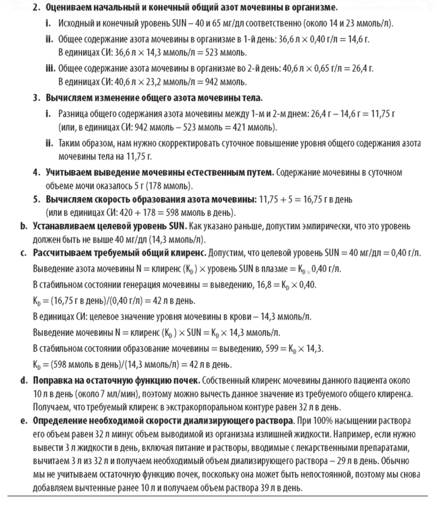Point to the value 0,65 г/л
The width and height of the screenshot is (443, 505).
(x=314, y=69)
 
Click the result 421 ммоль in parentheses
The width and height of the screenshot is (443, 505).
(x=255, y=128)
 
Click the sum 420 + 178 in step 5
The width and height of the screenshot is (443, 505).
(x=120, y=213)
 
